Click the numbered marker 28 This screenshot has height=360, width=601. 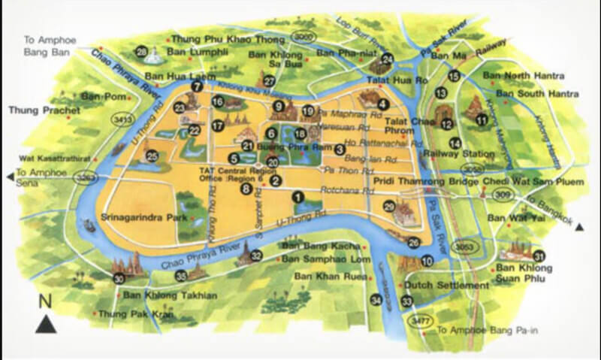pyautogui.click(x=141, y=52)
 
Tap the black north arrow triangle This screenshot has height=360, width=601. pyautogui.click(x=46, y=324)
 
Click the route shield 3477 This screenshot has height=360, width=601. pyautogui.click(x=418, y=321)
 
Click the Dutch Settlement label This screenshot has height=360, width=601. pyautogui.click(x=446, y=286)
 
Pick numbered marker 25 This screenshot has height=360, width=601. pyautogui.click(x=152, y=156)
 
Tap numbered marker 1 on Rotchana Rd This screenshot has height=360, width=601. pyautogui.click(x=298, y=197)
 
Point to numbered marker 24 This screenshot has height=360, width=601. pyautogui.click(x=388, y=59)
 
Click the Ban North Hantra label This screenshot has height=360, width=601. pyautogui.click(x=524, y=76)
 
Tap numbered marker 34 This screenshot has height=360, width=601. pyautogui.click(x=376, y=300)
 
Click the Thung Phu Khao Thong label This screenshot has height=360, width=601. pyautogui.click(x=213, y=38)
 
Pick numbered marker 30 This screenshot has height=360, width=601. pyautogui.click(x=119, y=279)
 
